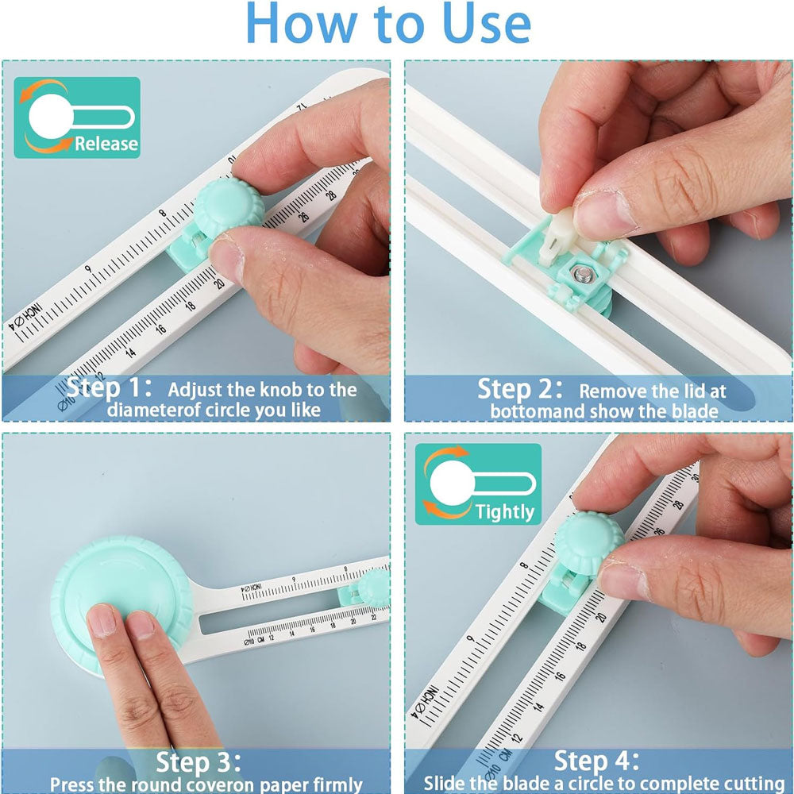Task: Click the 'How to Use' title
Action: [388, 23]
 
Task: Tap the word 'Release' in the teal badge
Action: [106, 143]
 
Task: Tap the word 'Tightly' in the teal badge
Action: [505, 512]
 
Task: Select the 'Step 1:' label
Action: [109, 388]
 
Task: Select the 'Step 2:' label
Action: [520, 389]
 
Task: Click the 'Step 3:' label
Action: [198, 762]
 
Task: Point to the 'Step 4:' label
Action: [597, 761]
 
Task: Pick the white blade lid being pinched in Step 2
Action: [557, 237]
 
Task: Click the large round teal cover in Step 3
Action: [121, 603]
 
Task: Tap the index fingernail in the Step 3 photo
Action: [102, 621]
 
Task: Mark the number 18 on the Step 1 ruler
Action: [190, 306]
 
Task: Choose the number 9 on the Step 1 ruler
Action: [88, 269]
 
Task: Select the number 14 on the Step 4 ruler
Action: [538, 705]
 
